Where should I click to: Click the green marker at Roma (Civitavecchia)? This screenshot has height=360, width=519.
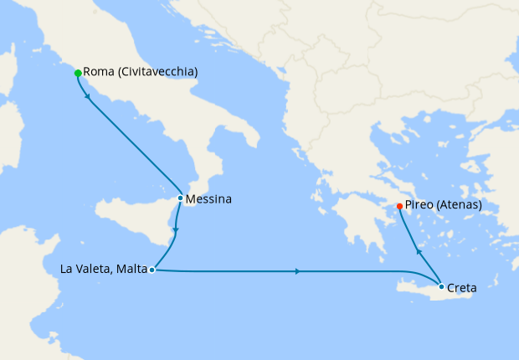tap(78, 73)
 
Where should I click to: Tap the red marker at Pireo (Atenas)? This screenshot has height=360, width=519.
tap(399, 206)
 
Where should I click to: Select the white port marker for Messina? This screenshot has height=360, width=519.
tap(180, 198)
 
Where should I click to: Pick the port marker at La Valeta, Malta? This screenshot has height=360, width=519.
tap(152, 270)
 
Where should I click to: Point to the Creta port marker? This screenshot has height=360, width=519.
tap(441, 287)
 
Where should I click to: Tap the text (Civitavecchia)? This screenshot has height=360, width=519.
tap(159, 73)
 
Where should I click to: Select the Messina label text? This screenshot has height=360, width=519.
tap(209, 200)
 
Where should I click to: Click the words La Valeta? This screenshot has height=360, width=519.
tap(86, 270)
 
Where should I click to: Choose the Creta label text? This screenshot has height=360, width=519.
tap(462, 288)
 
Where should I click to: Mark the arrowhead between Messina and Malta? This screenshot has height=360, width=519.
tap(176, 229)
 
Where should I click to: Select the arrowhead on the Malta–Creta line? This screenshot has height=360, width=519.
tap(299, 271)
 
